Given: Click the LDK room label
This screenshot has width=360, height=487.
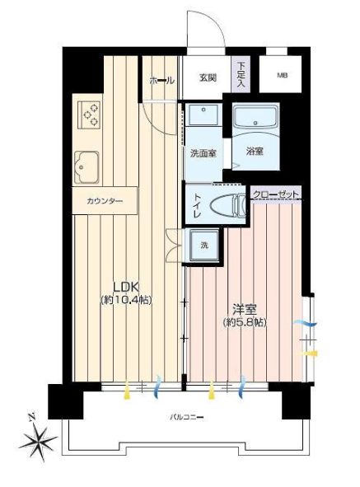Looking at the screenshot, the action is click(x=126, y=288).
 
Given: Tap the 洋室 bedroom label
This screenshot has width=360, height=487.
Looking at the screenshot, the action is click(x=245, y=309).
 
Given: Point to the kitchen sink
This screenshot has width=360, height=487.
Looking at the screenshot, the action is click(x=87, y=167).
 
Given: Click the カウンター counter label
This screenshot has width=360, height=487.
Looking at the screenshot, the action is click(x=105, y=201).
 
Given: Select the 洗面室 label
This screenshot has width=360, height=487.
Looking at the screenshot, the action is click(x=203, y=153).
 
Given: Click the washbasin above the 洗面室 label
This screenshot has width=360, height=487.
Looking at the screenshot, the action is click(x=203, y=115).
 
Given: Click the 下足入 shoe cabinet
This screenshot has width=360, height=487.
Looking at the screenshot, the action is click(x=241, y=74).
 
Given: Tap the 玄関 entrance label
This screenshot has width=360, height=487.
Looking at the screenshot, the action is click(x=208, y=77).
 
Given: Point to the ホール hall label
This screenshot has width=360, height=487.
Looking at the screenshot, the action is click(x=162, y=81).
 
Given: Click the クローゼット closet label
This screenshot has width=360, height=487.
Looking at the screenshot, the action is click(x=275, y=194).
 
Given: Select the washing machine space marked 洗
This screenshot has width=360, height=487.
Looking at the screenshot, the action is click(x=204, y=246).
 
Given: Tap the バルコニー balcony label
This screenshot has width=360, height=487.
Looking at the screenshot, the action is click(x=187, y=417).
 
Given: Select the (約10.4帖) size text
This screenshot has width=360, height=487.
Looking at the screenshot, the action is click(x=126, y=300).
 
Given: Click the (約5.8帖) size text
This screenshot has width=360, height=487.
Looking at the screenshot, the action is click(x=245, y=322).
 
